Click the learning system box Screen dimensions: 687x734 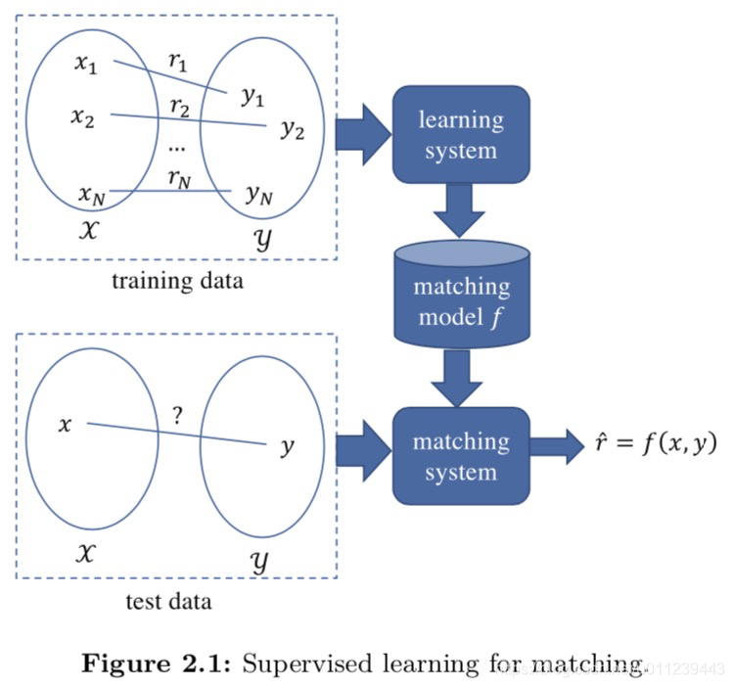(x=460, y=135)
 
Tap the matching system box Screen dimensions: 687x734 (x=460, y=456)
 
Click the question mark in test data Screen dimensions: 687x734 (x=176, y=414)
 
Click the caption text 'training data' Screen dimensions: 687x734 (x=177, y=282)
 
